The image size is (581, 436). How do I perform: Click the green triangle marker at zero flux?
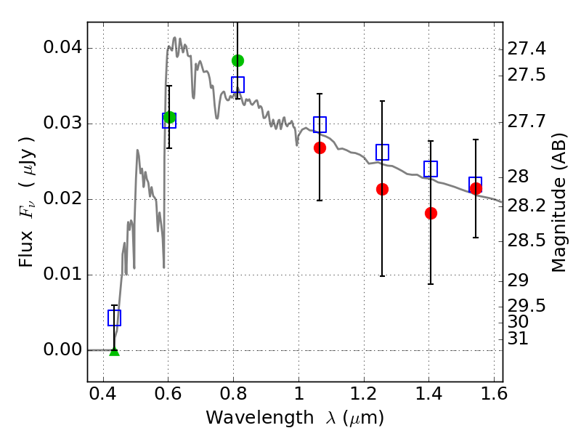(115, 352)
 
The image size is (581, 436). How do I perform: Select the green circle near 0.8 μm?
(238, 60)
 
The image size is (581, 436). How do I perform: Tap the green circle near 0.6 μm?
(169, 117)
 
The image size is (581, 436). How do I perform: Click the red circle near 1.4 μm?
(431, 213)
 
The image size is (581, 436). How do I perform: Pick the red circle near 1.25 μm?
(383, 190)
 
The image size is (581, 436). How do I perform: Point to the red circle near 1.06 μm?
(320, 148)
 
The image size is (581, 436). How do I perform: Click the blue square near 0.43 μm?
(115, 318)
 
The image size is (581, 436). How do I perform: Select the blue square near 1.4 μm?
(431, 169)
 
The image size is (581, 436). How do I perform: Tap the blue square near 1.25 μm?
(383, 152)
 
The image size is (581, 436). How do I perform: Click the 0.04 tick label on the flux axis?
(62, 47)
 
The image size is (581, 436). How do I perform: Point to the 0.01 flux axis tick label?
(62, 275)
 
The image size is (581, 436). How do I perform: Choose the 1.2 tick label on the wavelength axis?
(364, 394)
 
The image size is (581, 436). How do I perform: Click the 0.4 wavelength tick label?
(103, 394)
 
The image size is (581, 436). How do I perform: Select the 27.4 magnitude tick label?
(526, 48)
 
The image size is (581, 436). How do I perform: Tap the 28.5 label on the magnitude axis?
(526, 241)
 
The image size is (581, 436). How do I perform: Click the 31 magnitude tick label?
(518, 339)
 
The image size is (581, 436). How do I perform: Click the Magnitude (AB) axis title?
(559, 203)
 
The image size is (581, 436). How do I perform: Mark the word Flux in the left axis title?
(26, 249)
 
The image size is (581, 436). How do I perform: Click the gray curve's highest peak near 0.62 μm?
(175, 38)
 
